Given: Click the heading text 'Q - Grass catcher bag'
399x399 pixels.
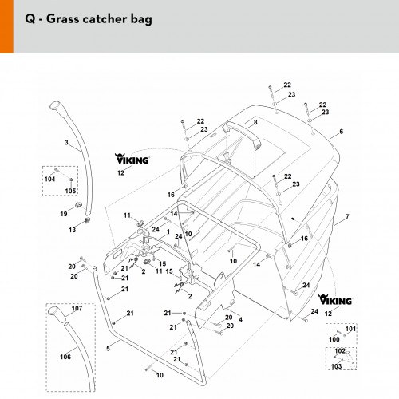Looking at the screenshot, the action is click(89, 19).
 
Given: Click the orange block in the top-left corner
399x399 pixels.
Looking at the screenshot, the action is click(6, 26).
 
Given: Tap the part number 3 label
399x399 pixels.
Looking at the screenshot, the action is click(66, 143).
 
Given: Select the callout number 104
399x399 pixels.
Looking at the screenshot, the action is click(49, 179).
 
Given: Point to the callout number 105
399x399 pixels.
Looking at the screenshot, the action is click(70, 191).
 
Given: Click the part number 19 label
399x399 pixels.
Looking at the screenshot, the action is click(64, 214).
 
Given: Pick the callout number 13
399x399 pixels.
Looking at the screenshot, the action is click(72, 230).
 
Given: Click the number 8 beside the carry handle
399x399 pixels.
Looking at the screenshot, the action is click(255, 122).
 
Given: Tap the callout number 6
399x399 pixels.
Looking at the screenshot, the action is click(342, 132).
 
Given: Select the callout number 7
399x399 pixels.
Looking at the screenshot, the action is click(347, 217).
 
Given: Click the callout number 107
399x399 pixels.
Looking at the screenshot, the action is click(77, 308).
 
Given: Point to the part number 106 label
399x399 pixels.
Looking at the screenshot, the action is click(65, 357).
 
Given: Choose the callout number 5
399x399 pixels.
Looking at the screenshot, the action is click(108, 348).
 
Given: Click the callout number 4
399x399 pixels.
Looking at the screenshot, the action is click(240, 319).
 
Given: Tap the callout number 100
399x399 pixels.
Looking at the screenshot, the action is click(334, 339).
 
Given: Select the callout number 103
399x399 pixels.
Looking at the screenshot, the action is click(336, 366).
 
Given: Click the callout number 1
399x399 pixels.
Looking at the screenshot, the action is click(168, 232).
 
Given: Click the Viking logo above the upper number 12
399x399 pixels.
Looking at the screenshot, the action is click(132, 159).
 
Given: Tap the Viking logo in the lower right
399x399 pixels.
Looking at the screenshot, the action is click(335, 299).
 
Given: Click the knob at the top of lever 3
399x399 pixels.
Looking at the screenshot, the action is click(57, 109).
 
